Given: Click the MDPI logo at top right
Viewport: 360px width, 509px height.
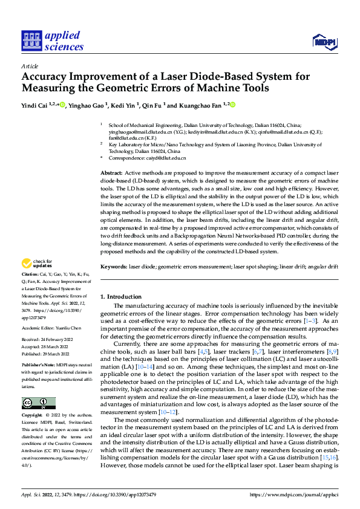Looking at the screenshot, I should tap(324, 41).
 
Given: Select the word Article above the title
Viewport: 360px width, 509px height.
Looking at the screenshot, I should tap(30, 66).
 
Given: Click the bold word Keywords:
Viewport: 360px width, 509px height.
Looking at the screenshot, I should tap(114, 267).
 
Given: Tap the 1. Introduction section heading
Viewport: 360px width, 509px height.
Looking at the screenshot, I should tap(120, 297).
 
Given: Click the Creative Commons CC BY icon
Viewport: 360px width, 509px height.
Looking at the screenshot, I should tap(38, 403).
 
